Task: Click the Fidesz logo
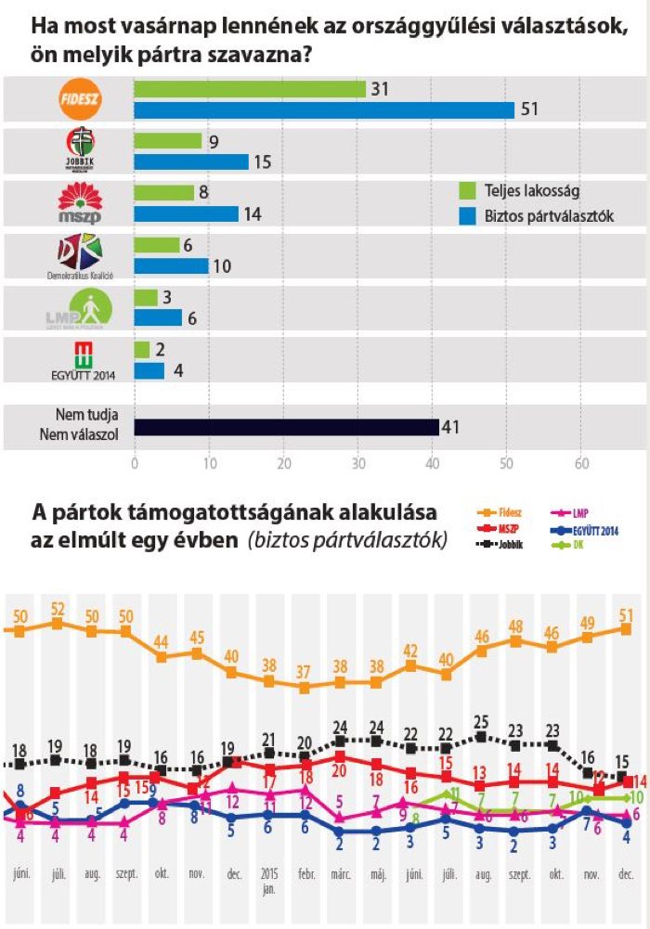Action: [x=79, y=99]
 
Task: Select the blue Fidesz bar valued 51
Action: [x=324, y=110]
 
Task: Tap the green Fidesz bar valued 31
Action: [x=250, y=89]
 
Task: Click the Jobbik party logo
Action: [x=80, y=149]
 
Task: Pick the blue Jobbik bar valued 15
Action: [x=191, y=161]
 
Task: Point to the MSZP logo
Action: [x=79, y=202]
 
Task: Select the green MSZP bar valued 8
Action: [x=164, y=192]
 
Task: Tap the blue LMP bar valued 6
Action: [x=158, y=317]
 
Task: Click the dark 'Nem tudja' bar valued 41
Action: [x=286, y=427]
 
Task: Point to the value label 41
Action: [x=452, y=428]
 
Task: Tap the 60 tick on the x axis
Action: [x=581, y=464]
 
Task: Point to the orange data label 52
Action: [x=57, y=608]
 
